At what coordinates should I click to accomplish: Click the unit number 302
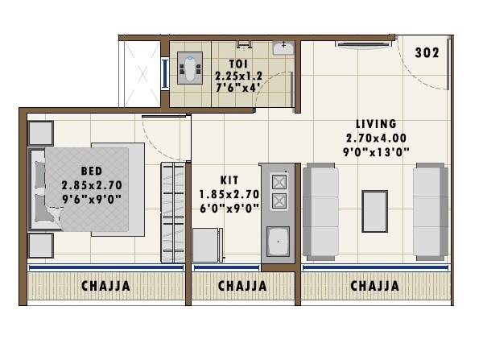[x=427, y=53]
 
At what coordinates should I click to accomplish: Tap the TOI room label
[x=237, y=63]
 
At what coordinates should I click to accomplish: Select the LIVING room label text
[x=377, y=124]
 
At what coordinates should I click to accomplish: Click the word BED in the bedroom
[x=90, y=171]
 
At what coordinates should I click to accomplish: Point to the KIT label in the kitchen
[x=229, y=180]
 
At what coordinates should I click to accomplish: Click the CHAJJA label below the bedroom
[x=105, y=286]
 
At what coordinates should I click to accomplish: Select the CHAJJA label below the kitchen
[x=242, y=286]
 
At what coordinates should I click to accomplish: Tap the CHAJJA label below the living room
[x=374, y=286]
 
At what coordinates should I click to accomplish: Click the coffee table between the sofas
[x=374, y=211]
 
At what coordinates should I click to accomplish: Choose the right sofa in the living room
[x=429, y=211]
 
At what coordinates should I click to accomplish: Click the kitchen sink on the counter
[x=279, y=240]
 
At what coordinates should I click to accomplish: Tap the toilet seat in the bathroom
[x=191, y=69]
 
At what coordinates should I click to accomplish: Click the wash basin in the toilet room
[x=283, y=48]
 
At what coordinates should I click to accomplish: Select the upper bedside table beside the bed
[x=40, y=133]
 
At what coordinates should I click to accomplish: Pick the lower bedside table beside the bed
[x=40, y=245]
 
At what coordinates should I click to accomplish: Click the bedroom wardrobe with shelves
[x=173, y=212]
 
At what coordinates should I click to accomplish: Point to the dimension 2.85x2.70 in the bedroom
[x=90, y=184]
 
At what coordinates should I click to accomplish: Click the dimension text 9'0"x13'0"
[x=377, y=151]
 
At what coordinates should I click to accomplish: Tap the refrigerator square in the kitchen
[x=208, y=245]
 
